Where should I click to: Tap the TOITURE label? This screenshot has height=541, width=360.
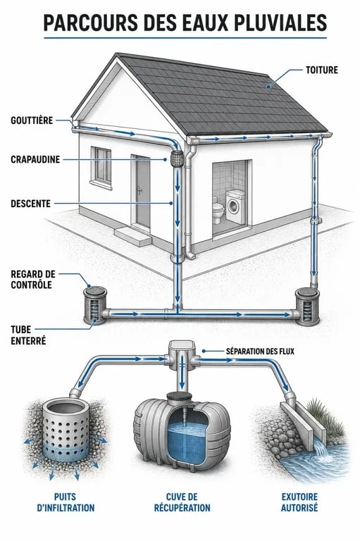[x=322, y=70]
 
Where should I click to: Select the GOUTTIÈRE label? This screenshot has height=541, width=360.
[x=32, y=120]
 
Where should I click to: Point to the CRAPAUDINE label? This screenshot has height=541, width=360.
[x=35, y=159]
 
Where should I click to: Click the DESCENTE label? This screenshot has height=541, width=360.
[x=31, y=203]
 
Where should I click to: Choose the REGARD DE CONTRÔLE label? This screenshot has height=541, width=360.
[x=33, y=280]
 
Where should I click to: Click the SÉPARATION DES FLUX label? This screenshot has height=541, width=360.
[x=260, y=352]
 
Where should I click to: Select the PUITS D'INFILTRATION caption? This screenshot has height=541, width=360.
[x=66, y=502]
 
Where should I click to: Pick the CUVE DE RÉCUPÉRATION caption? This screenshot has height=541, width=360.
[x=182, y=502]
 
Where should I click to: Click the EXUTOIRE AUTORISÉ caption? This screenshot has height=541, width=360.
[x=299, y=502]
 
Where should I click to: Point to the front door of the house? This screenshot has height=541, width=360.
[x=142, y=192]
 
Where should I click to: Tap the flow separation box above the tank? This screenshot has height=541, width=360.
[x=182, y=355]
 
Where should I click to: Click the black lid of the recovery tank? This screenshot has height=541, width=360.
[x=181, y=397]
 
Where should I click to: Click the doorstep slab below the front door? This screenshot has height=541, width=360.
[x=133, y=236]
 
